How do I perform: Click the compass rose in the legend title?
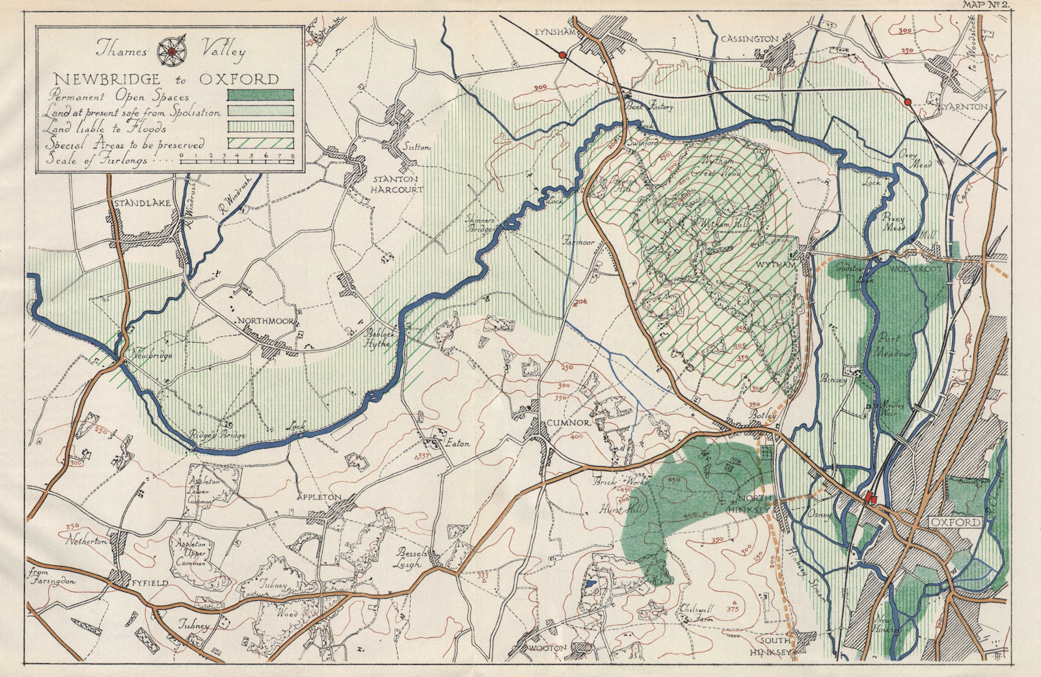[170, 49]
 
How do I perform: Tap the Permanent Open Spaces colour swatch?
[260, 96]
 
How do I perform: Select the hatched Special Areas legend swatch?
[260, 144]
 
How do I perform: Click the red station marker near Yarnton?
[906, 101]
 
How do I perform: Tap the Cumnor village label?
[571, 423]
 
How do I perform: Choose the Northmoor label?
[262, 321]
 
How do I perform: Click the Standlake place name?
[142, 204]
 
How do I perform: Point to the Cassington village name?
[750, 39]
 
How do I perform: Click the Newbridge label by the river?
[152, 355]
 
